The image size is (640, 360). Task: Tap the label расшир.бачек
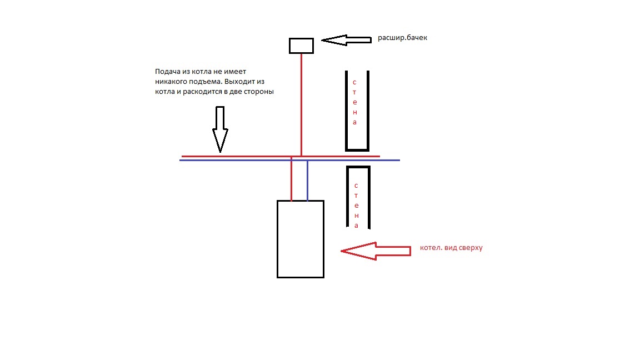pos(402,38)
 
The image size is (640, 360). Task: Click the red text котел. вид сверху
pos(451,248)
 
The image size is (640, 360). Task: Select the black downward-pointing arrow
pos(220,129)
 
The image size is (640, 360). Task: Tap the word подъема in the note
pos(205,82)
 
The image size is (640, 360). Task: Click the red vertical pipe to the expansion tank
pos(301,104)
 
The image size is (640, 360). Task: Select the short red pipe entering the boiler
pos(292,179)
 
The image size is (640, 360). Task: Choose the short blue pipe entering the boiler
pos(307,181)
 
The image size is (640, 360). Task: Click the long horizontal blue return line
pos(290,161)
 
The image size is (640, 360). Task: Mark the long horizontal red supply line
pos(281,156)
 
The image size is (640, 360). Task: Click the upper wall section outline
pos(357,150)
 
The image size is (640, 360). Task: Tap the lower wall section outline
pos(358,167)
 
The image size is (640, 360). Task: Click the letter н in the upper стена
pos(354,112)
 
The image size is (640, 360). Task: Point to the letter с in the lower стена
pos(356,186)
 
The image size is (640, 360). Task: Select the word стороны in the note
pos(259,92)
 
